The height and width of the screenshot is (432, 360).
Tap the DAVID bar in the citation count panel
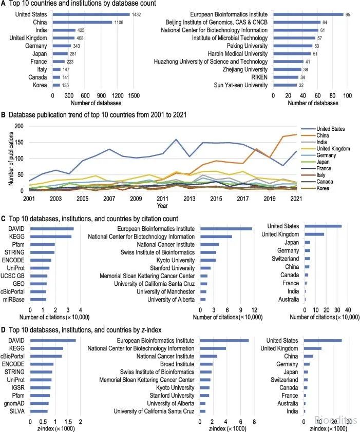click(x=52, y=229)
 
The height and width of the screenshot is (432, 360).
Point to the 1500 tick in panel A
click(x=134, y=95)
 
